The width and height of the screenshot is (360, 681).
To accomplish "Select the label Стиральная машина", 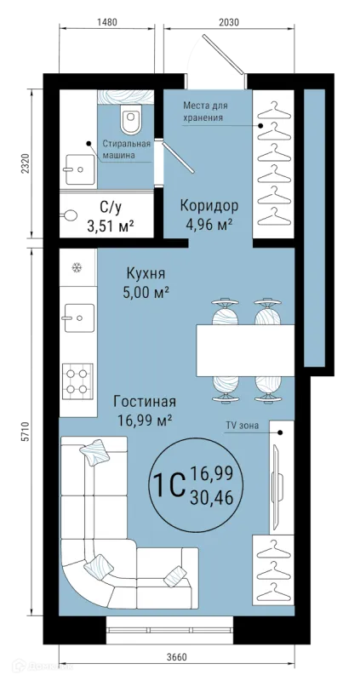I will coord(126,150).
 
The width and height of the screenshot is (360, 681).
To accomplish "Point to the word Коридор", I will coord(208,205).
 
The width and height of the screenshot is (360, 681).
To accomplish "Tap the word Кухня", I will coord(145,273).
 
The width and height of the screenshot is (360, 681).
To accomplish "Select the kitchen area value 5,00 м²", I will coord(145,292).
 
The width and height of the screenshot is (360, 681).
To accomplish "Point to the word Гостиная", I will coord(145,402).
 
